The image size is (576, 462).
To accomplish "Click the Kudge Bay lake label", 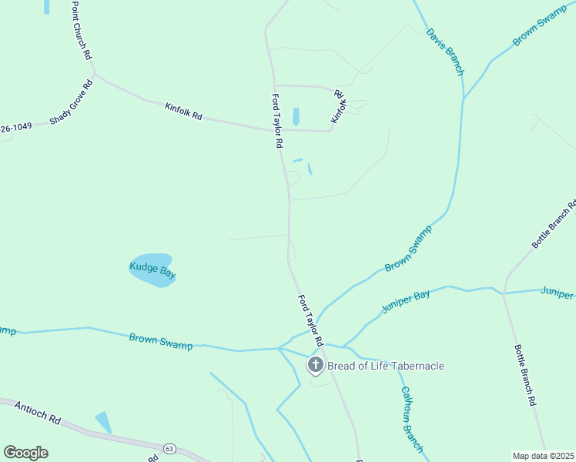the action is [x=152, y=269].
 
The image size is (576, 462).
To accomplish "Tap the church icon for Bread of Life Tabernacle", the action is [x=315, y=365].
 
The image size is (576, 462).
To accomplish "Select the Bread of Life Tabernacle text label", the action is [x=386, y=366].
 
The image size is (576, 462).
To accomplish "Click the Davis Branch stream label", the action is [x=446, y=52].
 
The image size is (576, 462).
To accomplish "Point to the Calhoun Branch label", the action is [x=411, y=419].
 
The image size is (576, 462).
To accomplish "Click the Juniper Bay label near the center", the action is [x=405, y=302].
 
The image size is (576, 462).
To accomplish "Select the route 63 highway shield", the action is [x=168, y=447].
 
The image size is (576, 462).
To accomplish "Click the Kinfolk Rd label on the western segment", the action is [x=183, y=111].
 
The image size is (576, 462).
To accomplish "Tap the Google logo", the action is [x=25, y=452].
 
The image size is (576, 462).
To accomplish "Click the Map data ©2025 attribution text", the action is [x=543, y=456].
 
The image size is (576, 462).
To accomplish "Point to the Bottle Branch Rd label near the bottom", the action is [x=524, y=374].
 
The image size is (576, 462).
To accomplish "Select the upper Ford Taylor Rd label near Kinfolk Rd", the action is [x=277, y=122].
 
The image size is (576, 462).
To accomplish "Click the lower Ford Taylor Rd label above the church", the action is [x=309, y=318].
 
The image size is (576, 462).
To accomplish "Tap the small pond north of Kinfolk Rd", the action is [x=296, y=117].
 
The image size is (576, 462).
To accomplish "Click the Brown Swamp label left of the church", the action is [x=161, y=341].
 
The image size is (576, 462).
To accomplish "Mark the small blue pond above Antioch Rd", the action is [x=103, y=422].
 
